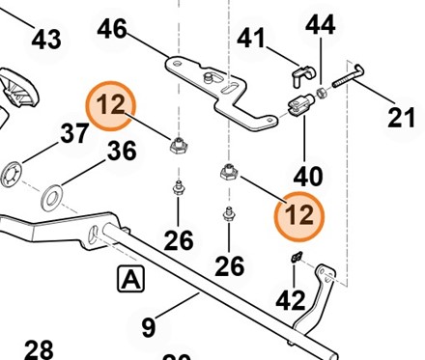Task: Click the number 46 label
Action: (x=112, y=29)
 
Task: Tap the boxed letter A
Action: (x=130, y=279)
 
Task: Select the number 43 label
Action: (x=46, y=40)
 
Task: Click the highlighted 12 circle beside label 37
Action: (x=111, y=106)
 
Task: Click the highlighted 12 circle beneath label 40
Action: (x=299, y=216)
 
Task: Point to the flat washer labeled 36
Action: (x=52, y=198)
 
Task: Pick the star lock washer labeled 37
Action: (x=11, y=176)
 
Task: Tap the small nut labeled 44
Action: (x=322, y=94)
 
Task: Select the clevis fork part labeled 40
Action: (x=299, y=104)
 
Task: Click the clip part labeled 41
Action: (x=303, y=76)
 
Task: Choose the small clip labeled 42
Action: (x=297, y=257)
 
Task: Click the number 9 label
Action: (x=149, y=327)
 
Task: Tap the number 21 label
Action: (x=401, y=117)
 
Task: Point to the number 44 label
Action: (x=320, y=25)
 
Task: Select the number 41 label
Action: (x=251, y=38)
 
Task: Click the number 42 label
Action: (x=291, y=300)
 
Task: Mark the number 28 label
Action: (x=39, y=350)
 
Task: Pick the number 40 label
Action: (x=308, y=176)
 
